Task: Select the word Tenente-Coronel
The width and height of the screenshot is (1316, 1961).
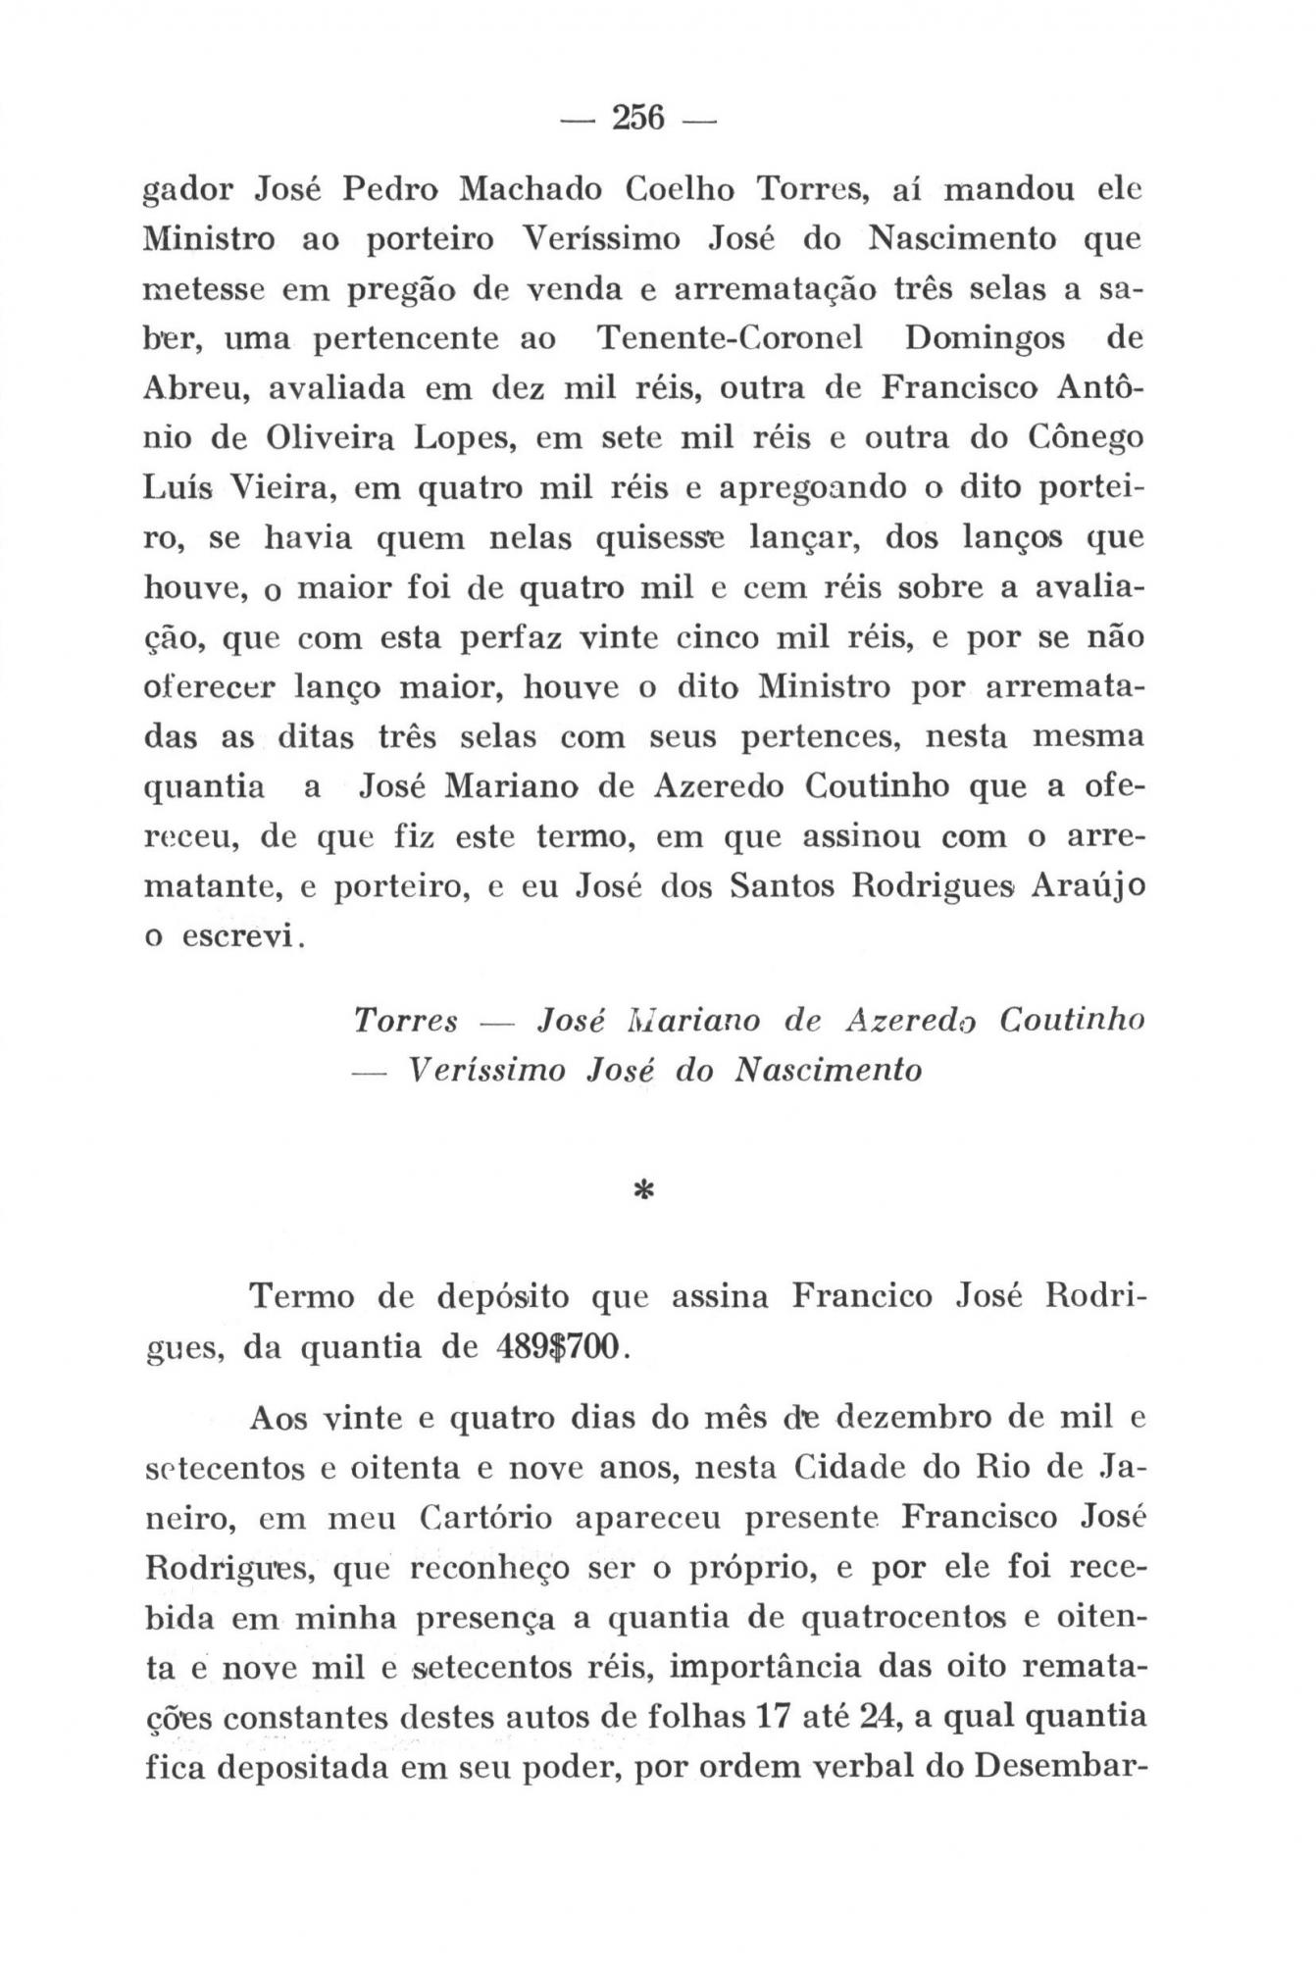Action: coord(730,338)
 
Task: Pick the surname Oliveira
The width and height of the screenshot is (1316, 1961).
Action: coord(325,438)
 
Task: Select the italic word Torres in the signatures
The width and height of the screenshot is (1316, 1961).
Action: coord(406,1021)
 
